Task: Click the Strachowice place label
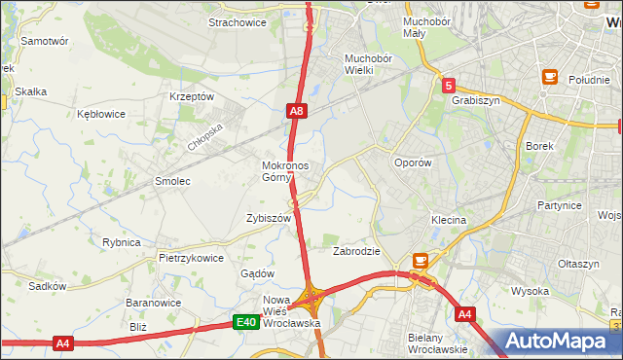[x=238, y=21]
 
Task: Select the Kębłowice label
[x=101, y=114]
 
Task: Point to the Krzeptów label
[x=191, y=96]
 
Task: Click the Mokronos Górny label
[x=285, y=171]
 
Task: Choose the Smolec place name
[x=172, y=181]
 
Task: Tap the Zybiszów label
[x=270, y=219]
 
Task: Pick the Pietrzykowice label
[x=191, y=259]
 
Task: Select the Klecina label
[x=450, y=221]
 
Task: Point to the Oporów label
[x=412, y=163]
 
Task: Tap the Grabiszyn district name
[x=475, y=99]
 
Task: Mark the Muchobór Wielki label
[x=367, y=63]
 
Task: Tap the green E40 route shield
[x=247, y=322]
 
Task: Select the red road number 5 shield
[x=447, y=86]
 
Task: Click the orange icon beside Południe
[x=550, y=77]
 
